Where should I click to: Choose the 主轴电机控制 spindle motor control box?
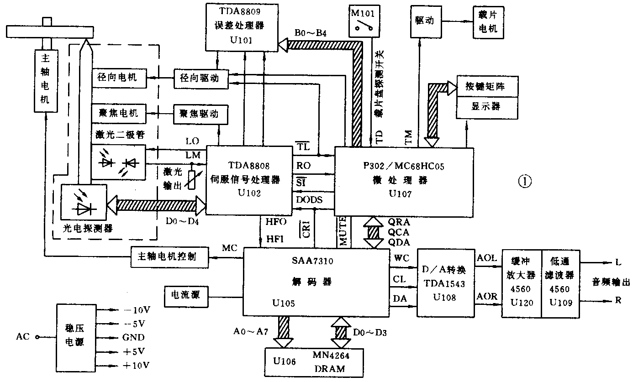(x=169, y=256)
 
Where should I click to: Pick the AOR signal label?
(x=487, y=296)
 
